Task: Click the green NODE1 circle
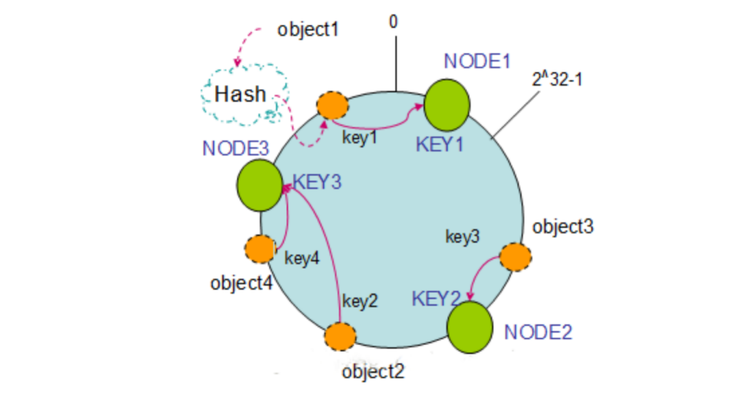pyautogui.click(x=447, y=104)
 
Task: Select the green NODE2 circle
pyautogui.click(x=470, y=327)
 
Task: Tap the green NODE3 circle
pyautogui.click(x=260, y=185)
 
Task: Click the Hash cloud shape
pyautogui.click(x=242, y=95)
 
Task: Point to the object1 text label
pyautogui.click(x=308, y=30)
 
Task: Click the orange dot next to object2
pyautogui.click(x=339, y=336)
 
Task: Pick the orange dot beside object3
pyautogui.click(x=515, y=257)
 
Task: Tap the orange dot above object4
pyautogui.click(x=259, y=249)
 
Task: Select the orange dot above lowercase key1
pyautogui.click(x=333, y=105)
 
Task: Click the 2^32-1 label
pyautogui.click(x=558, y=79)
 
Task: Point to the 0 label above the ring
pyautogui.click(x=393, y=22)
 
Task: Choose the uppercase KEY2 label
pyautogui.click(x=436, y=298)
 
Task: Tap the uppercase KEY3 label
pyautogui.click(x=317, y=183)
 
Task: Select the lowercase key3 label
pyautogui.click(x=462, y=236)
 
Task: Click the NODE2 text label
pyautogui.click(x=539, y=332)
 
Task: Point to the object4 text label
pyautogui.click(x=241, y=283)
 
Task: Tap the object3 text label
pyautogui.click(x=563, y=227)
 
